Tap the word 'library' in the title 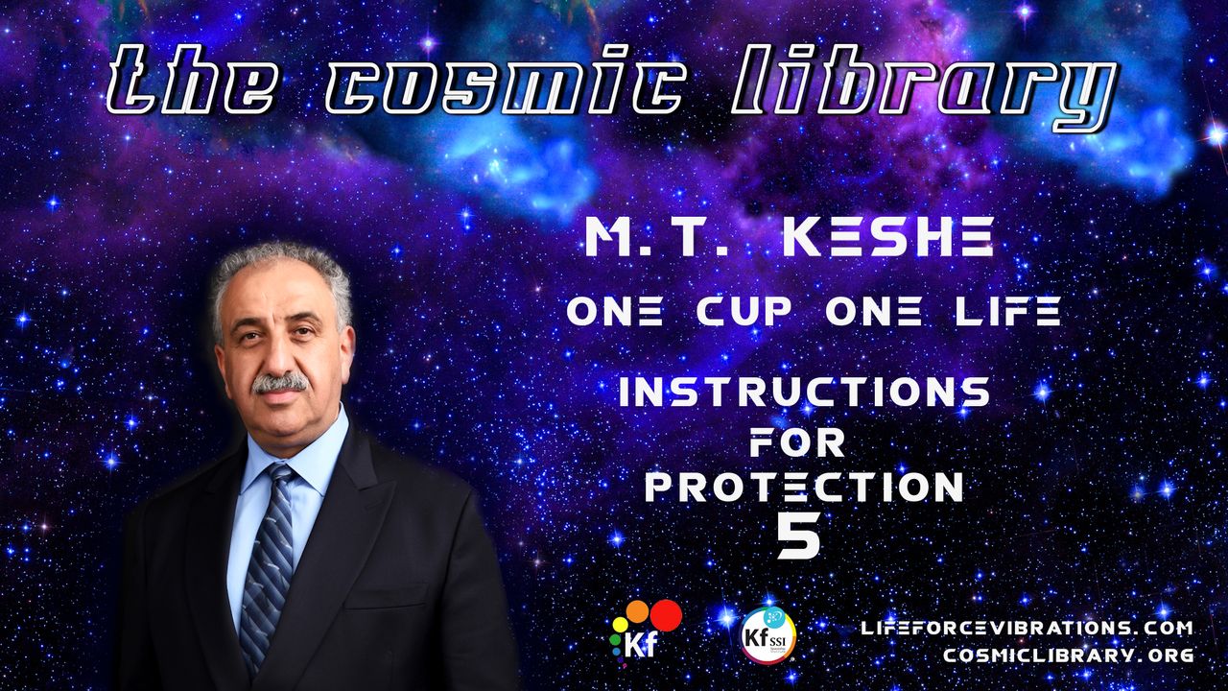click(x=928, y=86)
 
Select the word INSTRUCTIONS click(x=805, y=392)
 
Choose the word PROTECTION click(x=803, y=486)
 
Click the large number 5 click(x=799, y=536)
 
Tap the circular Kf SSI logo click(x=768, y=635)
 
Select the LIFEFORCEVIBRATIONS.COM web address click(x=1027, y=628)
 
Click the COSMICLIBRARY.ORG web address click(x=1069, y=655)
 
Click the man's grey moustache click(x=279, y=383)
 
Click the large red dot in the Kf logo click(x=666, y=615)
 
